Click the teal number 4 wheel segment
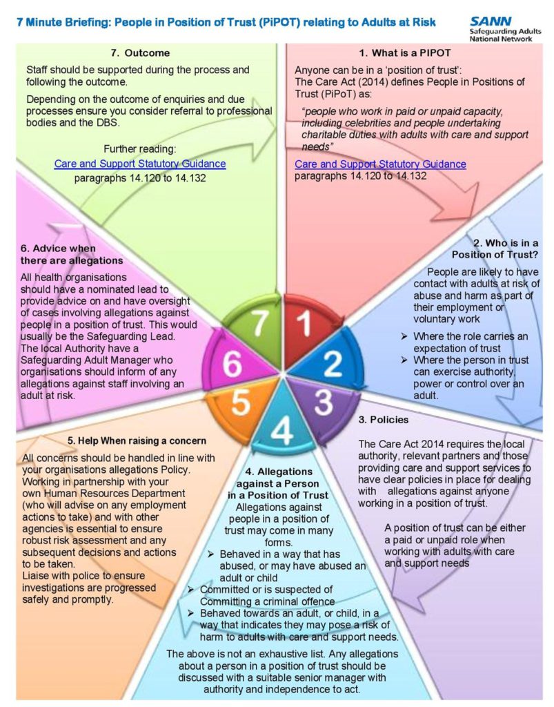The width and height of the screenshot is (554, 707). tap(282, 422)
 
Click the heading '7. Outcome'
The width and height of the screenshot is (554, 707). tap(140, 52)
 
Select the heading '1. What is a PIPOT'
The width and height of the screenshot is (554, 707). tap(405, 52)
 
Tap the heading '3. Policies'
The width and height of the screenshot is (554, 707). tap(384, 419)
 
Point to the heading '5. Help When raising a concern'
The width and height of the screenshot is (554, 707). tap(137, 440)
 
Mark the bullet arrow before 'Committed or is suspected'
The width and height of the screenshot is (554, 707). tap(191, 590)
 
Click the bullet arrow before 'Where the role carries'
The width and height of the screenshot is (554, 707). tap(404, 336)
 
